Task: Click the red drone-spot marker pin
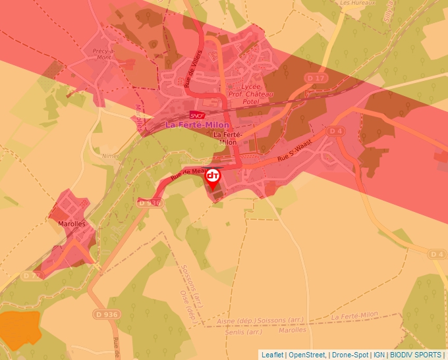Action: tap(213, 177)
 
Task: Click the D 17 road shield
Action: tap(316, 78)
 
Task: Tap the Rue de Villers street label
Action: tap(192, 68)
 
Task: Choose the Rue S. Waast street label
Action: tap(293, 151)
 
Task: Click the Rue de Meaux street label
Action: tap(185, 174)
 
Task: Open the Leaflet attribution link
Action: tap(272, 355)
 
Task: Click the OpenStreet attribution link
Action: tap(307, 355)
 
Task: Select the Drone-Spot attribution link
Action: tap(350, 355)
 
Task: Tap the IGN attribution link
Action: tap(379, 355)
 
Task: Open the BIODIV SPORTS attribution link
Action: tap(416, 355)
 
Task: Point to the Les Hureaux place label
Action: tap(356, 3)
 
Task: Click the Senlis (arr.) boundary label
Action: tap(245, 332)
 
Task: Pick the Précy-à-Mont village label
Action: tap(104, 53)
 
